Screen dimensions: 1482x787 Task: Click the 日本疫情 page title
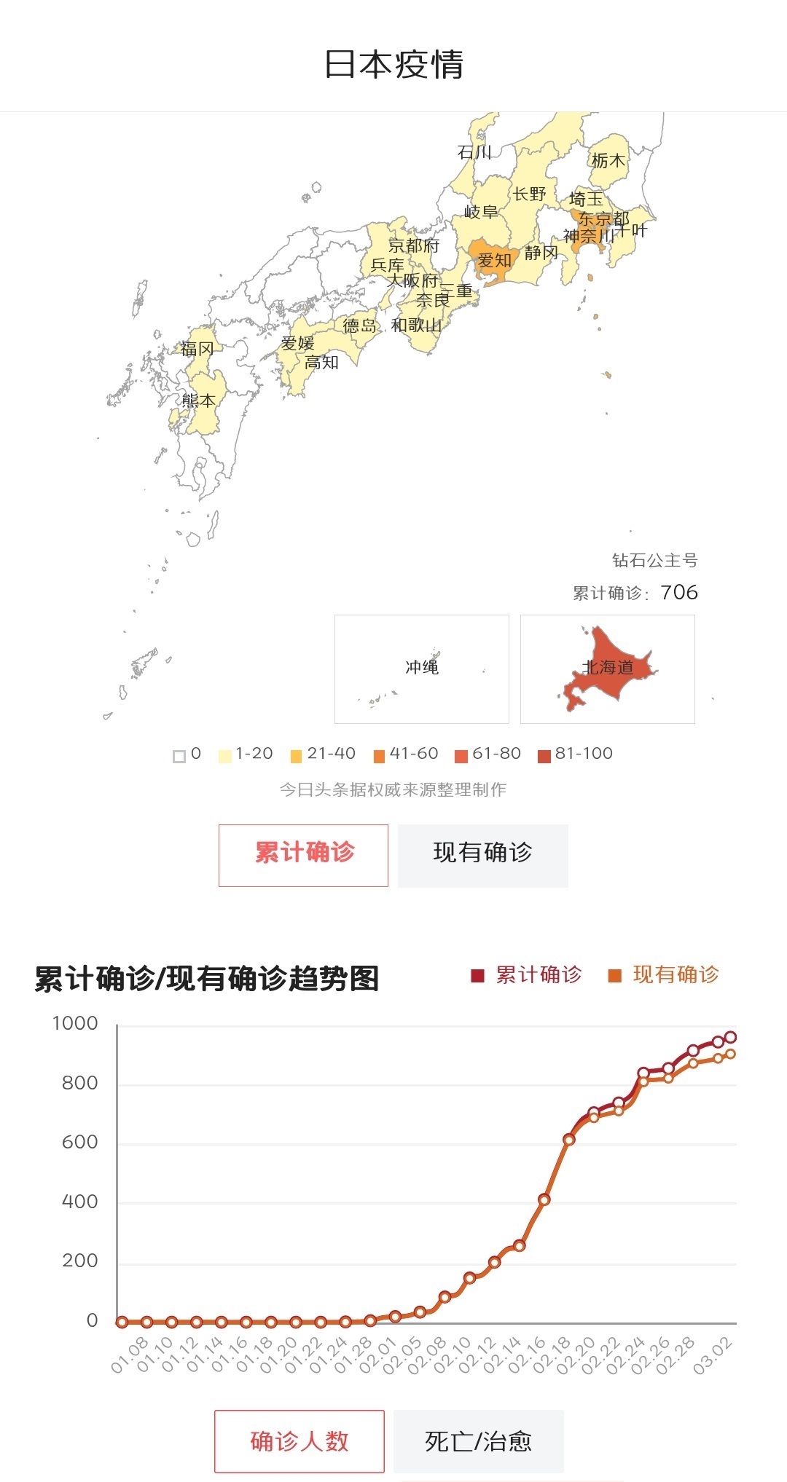click(x=393, y=64)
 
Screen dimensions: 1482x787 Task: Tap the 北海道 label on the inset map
click(x=608, y=667)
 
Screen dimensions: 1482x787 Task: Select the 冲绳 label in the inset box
click(x=422, y=667)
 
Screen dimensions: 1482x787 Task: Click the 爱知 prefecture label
click(x=494, y=260)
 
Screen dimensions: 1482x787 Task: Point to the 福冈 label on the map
click(x=197, y=349)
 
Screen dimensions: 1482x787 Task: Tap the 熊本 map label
click(x=198, y=401)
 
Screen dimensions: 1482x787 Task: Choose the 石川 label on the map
click(x=474, y=152)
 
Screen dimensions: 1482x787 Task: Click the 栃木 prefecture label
click(x=608, y=160)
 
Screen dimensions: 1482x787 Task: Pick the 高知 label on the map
click(x=321, y=362)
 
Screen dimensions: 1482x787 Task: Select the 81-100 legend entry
click(x=576, y=754)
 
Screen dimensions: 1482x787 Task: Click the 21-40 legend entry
click(x=324, y=754)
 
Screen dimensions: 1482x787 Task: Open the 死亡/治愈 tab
click(x=479, y=1441)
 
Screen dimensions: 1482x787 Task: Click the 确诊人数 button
click(x=299, y=1441)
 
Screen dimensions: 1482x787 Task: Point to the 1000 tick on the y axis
click(x=75, y=1023)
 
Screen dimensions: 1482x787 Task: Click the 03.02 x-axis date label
click(x=713, y=1356)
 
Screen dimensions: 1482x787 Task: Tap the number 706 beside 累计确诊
click(x=679, y=592)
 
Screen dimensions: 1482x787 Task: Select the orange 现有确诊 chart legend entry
click(x=665, y=974)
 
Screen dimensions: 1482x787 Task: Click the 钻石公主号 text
click(x=654, y=560)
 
